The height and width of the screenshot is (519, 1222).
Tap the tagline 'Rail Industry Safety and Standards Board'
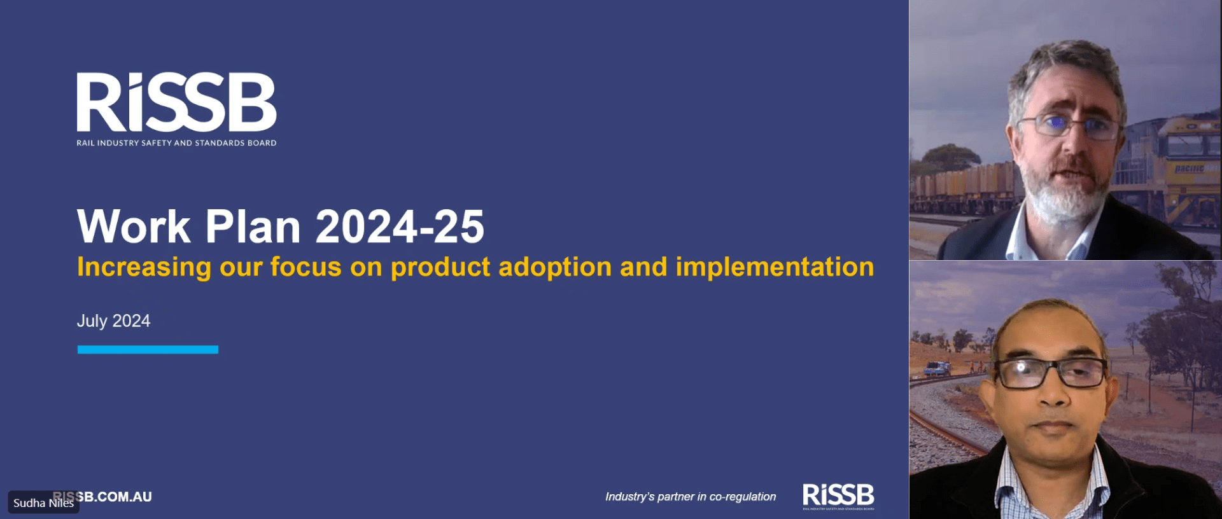[x=176, y=143]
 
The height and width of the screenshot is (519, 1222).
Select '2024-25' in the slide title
[x=400, y=226]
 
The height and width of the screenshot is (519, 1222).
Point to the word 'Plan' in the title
[x=253, y=226]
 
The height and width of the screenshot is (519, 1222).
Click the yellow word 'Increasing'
[x=144, y=267]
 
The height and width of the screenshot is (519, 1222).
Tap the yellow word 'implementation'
[x=775, y=267]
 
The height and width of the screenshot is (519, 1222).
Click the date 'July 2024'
[x=113, y=321]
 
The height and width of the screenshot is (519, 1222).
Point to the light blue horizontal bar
[x=148, y=349]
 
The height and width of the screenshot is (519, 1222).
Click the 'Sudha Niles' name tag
[x=43, y=502]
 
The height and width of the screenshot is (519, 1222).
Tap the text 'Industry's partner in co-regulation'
[x=691, y=497]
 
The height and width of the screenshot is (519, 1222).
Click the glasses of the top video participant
[x=1068, y=125]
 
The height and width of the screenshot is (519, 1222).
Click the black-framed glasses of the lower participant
[x=1050, y=373]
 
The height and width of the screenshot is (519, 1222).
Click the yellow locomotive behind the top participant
[x=1184, y=165]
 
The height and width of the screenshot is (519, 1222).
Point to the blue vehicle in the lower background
[x=937, y=368]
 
